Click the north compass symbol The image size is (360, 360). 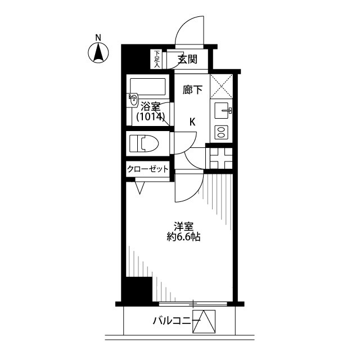pyautogui.click(x=98, y=52)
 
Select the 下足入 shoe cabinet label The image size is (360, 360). pyautogui.click(x=157, y=58)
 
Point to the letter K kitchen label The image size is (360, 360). pyautogui.click(x=192, y=122)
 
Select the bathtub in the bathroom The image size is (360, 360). pyautogui.click(x=148, y=86)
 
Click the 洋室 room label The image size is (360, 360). pyautogui.click(x=183, y=226)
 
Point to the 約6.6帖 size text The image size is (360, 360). pyautogui.click(x=183, y=237)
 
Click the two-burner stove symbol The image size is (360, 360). pyautogui.click(x=220, y=133)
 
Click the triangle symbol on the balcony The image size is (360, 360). pyautogui.click(x=205, y=322)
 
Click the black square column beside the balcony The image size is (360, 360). pyautogui.click(x=137, y=290)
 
